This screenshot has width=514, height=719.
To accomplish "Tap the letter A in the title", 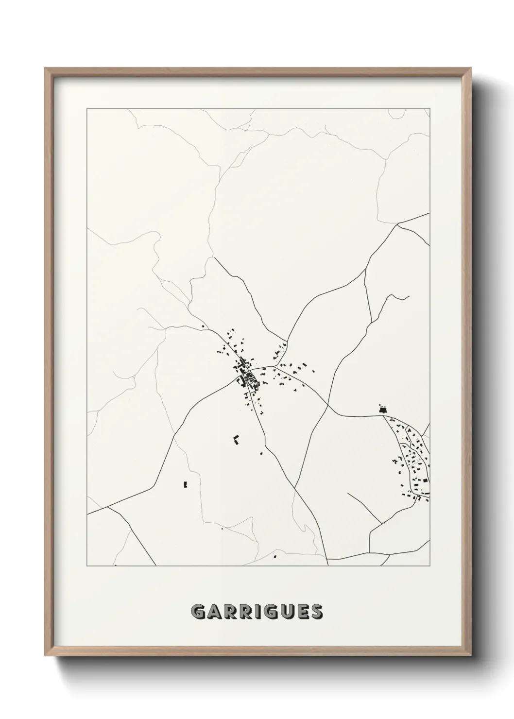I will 214,612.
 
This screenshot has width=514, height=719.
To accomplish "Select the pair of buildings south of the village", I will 236,440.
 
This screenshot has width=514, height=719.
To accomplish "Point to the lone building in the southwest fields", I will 185,484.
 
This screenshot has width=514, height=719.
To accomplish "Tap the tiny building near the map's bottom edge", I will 275,556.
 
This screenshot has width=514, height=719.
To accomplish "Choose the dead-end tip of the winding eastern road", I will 410,296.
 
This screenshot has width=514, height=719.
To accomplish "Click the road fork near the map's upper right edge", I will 398,224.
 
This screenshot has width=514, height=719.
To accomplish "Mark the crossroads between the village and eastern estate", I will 327,404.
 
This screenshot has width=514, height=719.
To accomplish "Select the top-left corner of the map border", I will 87,109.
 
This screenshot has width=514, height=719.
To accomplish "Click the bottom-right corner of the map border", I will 430,566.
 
